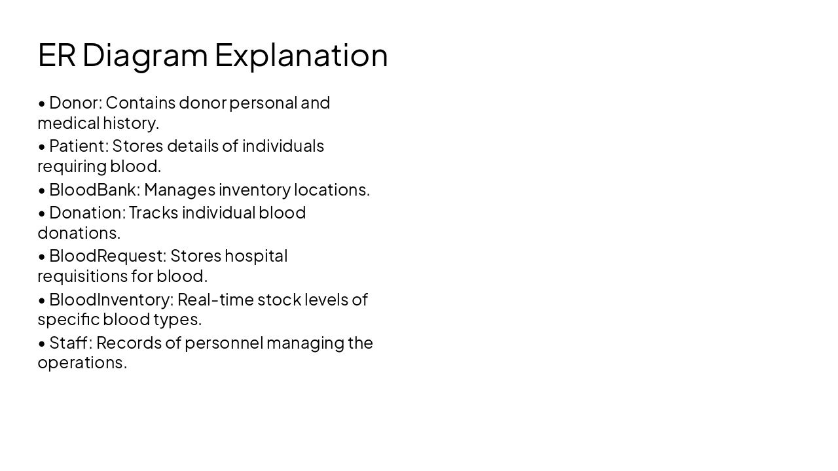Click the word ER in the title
point(56,54)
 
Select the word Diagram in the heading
point(145,56)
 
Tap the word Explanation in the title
point(301,56)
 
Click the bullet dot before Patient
point(42,147)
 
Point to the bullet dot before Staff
point(42,343)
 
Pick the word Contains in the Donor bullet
point(140,103)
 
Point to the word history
point(130,123)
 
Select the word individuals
point(283,145)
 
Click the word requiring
point(71,167)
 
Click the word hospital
point(256,256)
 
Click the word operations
point(82,363)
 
